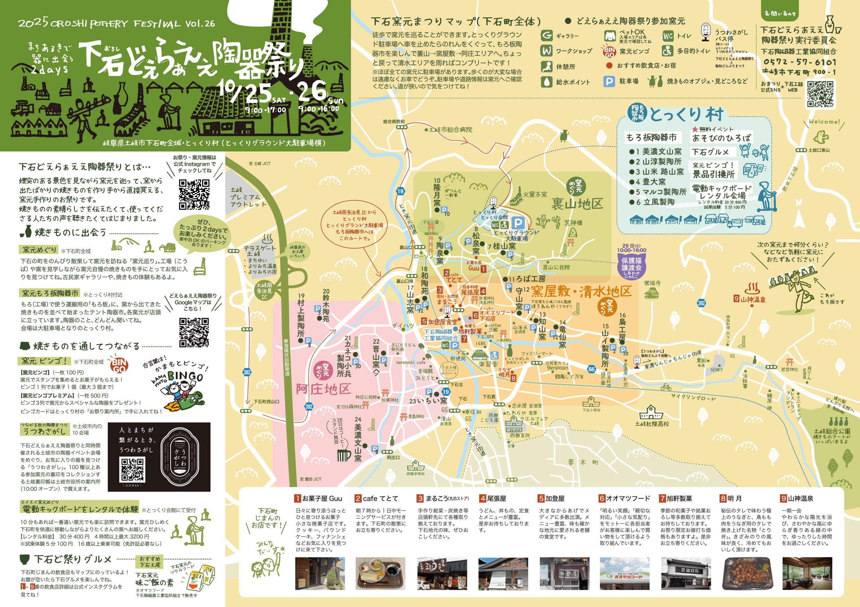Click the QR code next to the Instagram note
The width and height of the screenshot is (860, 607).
point(194,194)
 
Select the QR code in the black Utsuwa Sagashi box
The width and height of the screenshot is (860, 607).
point(132,470)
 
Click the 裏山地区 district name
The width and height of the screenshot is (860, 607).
point(577,204)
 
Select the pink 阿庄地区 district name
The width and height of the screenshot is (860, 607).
point(323,389)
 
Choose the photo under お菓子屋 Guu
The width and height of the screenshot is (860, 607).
point(320,573)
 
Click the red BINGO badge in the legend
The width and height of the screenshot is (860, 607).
point(609,52)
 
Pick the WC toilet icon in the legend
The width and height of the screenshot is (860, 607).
point(668,36)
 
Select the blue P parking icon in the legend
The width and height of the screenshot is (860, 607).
point(609,81)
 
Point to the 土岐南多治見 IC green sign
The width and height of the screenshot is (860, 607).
point(265,291)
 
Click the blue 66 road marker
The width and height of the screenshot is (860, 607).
point(592,369)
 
